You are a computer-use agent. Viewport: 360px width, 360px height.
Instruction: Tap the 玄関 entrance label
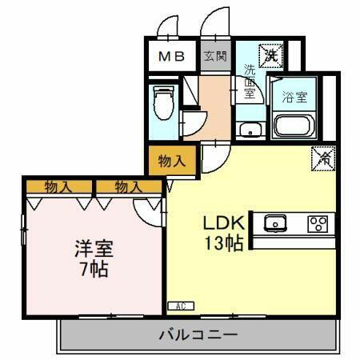click(214, 56)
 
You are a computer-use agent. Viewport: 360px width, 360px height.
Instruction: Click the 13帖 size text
click(218, 244)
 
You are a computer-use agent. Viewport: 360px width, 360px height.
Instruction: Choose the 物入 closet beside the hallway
click(172, 160)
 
